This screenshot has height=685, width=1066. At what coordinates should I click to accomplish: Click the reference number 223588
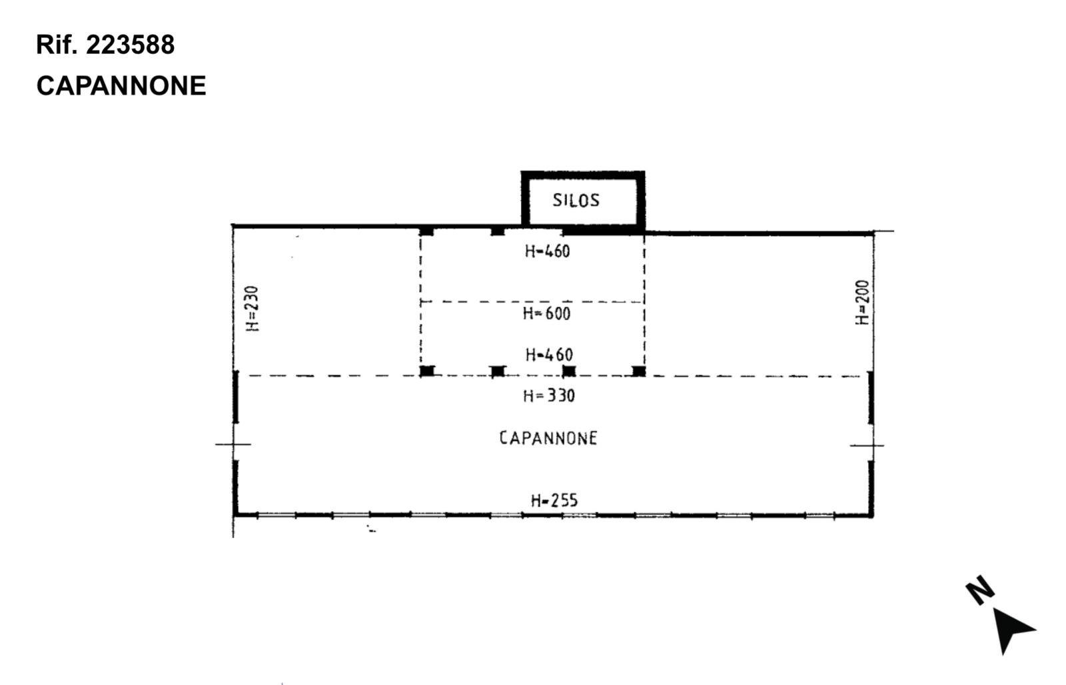click(131, 45)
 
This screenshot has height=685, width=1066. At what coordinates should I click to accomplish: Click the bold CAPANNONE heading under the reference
click(121, 86)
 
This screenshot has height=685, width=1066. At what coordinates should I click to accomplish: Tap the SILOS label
click(576, 201)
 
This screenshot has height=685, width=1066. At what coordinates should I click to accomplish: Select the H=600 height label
click(546, 314)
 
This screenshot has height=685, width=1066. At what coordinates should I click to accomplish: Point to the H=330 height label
click(549, 396)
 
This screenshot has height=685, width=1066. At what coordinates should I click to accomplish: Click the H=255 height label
click(554, 500)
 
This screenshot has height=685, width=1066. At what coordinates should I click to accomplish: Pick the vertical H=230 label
click(253, 309)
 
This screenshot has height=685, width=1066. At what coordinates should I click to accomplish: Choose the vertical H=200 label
click(862, 303)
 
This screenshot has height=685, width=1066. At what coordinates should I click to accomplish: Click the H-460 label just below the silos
click(547, 251)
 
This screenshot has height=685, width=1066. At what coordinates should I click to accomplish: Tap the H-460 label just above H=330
click(549, 354)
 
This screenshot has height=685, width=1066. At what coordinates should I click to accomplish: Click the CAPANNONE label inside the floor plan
click(548, 438)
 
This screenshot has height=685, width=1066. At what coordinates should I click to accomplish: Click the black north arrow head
click(1012, 629)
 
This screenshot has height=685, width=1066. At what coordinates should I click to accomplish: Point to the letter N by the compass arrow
click(980, 590)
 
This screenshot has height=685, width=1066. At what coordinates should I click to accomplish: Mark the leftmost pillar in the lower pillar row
click(427, 371)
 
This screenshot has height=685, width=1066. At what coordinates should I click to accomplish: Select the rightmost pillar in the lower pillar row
click(639, 371)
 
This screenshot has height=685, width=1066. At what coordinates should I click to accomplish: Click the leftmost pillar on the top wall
click(426, 231)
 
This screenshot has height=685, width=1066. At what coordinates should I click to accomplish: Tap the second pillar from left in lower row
click(498, 371)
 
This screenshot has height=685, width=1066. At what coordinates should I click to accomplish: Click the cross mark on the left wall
click(233, 444)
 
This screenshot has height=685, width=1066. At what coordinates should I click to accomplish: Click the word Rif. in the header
click(57, 45)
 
